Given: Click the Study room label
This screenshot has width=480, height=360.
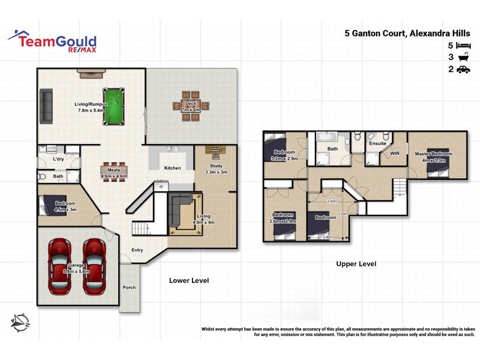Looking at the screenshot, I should [x=216, y=166].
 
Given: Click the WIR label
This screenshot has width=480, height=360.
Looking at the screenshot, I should [x=395, y=154].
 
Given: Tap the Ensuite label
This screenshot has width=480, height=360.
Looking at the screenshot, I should [x=377, y=143].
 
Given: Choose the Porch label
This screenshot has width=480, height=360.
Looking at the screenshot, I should [x=129, y=287].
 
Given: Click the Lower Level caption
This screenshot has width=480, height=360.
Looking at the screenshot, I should [x=188, y=280].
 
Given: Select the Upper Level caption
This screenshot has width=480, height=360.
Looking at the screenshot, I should [x=356, y=264].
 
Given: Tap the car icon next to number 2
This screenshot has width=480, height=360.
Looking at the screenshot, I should [x=463, y=70].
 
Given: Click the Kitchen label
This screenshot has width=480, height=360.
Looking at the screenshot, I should [x=172, y=168].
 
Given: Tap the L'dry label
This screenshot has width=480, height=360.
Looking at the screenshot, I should [x=59, y=160].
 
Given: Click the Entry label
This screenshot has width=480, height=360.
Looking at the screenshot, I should [x=137, y=251].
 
